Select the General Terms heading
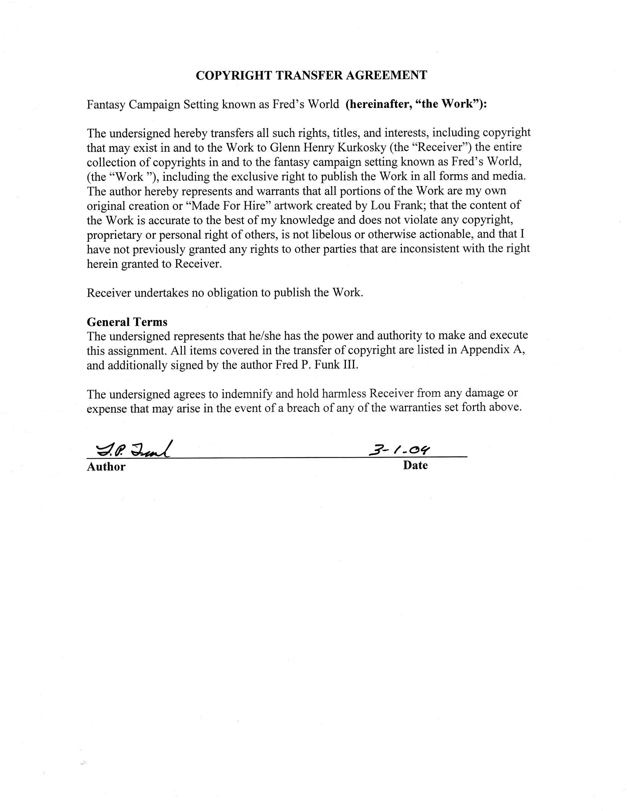(x=127, y=322)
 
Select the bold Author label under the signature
(x=106, y=467)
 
